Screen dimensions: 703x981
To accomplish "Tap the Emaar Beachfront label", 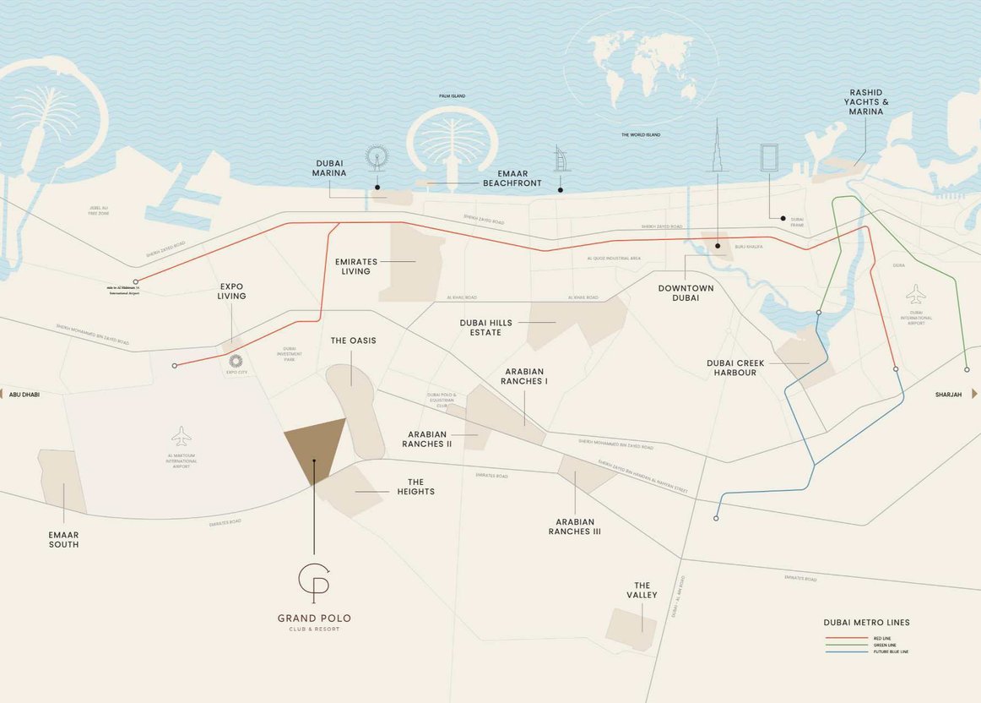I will click(512, 177).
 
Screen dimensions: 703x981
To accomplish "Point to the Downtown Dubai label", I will click(686, 293).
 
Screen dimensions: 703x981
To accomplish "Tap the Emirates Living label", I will click(355, 266).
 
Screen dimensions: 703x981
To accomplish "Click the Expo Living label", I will click(231, 292).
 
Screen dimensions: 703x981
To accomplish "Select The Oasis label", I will click(353, 341).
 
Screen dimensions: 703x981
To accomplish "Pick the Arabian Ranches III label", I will click(574, 526).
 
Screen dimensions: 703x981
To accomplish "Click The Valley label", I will click(642, 590).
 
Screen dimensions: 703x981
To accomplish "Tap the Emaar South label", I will click(63, 539).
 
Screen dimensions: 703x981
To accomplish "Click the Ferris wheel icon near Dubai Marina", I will click(377, 158).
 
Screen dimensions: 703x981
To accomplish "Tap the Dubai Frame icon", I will click(769, 158).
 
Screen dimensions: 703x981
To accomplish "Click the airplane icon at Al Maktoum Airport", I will click(181, 436).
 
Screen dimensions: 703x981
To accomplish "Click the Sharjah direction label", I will click(950, 395).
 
